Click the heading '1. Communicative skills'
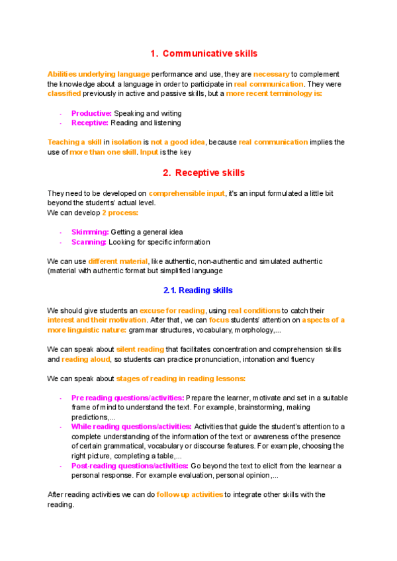tap(203, 53)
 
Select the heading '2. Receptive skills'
tap(203, 173)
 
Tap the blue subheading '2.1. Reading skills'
tap(198, 290)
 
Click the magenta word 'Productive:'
tap(91, 113)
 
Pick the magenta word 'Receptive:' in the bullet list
tap(90, 122)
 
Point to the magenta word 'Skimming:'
tap(90, 232)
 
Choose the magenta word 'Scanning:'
tap(89, 242)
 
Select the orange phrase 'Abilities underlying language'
tap(89, 74)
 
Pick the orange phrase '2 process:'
tap(120, 212)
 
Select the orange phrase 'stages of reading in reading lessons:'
tap(181, 378)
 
